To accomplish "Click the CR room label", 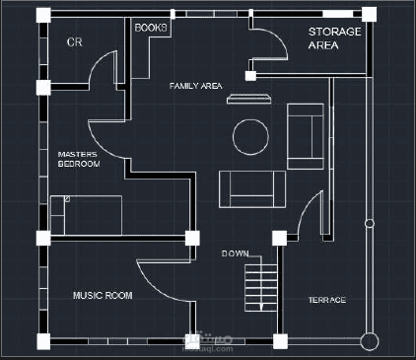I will [74, 42].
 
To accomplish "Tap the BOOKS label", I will [150, 28].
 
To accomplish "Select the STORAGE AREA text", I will [334, 38].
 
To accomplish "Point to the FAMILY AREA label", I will [194, 87].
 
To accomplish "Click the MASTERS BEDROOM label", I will [79, 159].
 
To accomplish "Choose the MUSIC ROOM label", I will [103, 295].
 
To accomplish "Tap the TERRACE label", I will [326, 300].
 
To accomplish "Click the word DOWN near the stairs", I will [235, 253].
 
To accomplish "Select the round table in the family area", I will [250, 137].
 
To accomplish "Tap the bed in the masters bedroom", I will [86, 214].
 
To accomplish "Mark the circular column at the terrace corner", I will [369, 341].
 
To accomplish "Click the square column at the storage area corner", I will [369, 14].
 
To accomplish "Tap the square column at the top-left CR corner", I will [43, 15].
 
